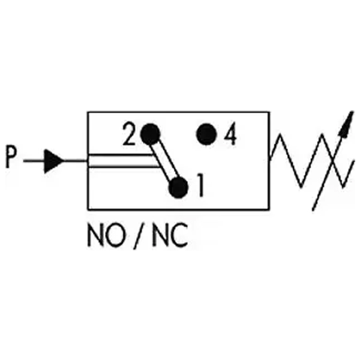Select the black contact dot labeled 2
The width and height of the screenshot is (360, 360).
pyautogui.click(x=150, y=133)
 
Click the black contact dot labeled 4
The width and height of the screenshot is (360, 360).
pyautogui.click(x=206, y=134)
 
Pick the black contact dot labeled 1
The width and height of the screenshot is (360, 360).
pyautogui.click(x=178, y=187)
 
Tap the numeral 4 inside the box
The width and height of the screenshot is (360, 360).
pyautogui.click(x=229, y=136)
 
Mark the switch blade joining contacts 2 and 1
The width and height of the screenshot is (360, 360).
pyautogui.click(x=164, y=160)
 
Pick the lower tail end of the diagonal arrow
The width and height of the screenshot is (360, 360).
pyautogui.click(x=313, y=208)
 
